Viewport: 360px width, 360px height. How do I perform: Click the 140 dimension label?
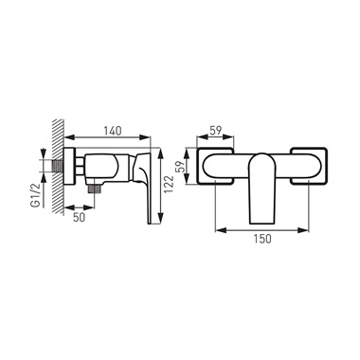113,131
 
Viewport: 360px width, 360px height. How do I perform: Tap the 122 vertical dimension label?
170,185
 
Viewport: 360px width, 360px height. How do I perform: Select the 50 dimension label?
79,218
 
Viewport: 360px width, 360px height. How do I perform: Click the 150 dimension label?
262,239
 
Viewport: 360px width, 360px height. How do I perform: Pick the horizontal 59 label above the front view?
216,131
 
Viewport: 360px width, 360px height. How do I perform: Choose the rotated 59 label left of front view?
179,166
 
